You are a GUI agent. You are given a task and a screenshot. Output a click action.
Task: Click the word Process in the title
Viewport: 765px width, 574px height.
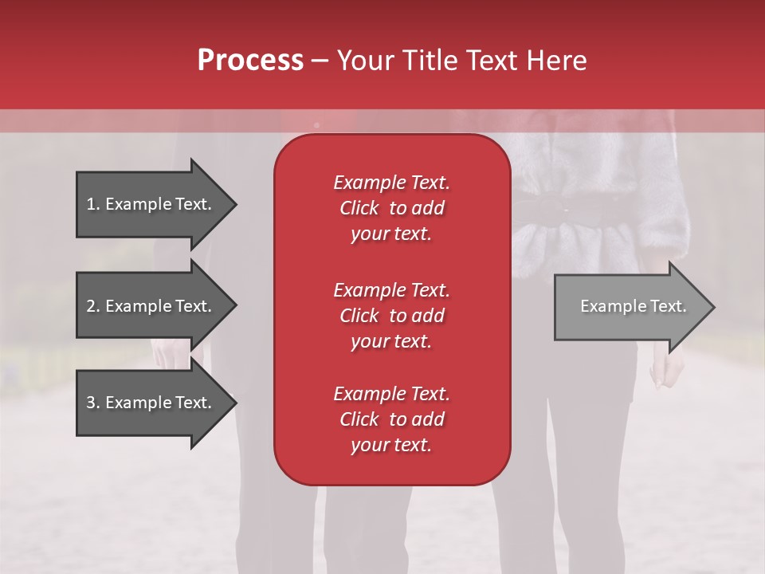point(250,61)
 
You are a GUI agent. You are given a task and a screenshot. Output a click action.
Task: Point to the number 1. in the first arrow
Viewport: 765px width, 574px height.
point(93,204)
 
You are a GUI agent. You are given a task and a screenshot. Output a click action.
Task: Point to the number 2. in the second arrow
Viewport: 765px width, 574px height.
point(93,306)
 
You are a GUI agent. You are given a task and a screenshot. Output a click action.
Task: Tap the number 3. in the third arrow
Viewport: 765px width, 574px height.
point(93,403)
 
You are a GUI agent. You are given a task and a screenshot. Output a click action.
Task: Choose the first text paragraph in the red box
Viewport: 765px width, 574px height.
point(391,208)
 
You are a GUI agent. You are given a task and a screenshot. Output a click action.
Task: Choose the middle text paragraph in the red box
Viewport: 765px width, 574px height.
point(391,316)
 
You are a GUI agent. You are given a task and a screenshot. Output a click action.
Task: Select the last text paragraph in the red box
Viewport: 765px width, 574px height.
point(391,419)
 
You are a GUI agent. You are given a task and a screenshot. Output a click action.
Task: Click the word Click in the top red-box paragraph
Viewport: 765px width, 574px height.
point(359,208)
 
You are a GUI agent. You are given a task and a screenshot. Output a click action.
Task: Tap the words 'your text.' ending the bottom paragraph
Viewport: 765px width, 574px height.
point(391,446)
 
